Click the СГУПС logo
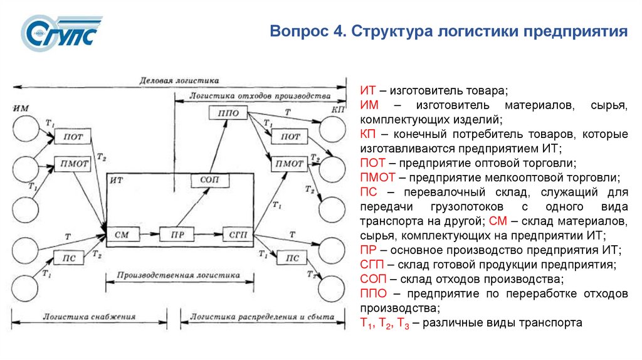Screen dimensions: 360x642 coord(60,34)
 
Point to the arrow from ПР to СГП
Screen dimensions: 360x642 coord(208,234)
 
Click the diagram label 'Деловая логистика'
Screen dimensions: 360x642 coord(179,80)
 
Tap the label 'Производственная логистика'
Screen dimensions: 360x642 coord(182,275)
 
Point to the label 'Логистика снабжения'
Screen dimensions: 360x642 coord(89,317)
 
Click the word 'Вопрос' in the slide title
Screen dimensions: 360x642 coord(296,31)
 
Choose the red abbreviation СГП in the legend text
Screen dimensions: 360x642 coord(372,265)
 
